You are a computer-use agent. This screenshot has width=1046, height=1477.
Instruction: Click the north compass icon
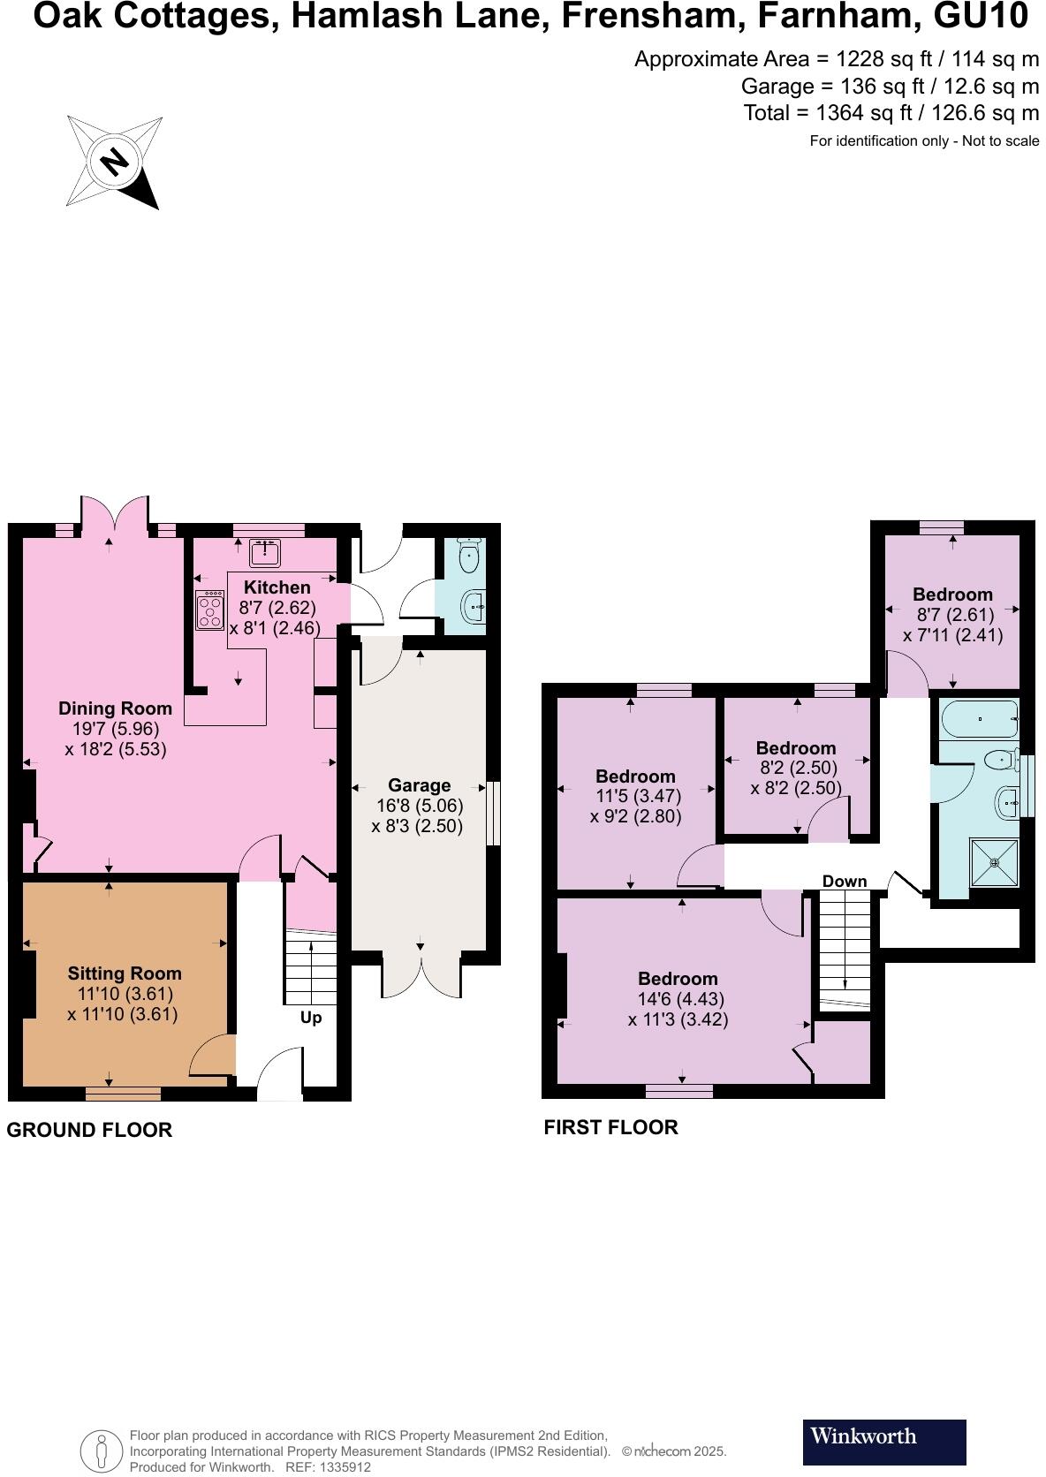coord(113,162)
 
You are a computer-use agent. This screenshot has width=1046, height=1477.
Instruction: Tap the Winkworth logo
coord(883,1442)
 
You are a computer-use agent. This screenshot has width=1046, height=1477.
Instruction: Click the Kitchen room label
coord(277,587)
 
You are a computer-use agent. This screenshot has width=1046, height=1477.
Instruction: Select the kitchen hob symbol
coord(210,610)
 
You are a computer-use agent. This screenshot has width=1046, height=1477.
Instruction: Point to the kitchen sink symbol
coord(265,553)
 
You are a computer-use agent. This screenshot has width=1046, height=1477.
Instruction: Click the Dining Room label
coord(115,708)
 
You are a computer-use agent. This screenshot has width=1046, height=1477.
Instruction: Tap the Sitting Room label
coord(125,973)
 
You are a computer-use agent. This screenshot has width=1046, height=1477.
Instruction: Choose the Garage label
coord(419,785)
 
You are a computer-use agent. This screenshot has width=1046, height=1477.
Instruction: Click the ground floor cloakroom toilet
coord(469,557)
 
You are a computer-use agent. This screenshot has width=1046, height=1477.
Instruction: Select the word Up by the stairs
coord(311,1018)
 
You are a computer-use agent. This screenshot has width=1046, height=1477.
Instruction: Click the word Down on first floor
coord(844,882)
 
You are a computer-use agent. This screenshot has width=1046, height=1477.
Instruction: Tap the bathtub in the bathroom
coord(980,720)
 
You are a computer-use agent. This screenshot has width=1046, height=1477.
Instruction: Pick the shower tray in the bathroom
coord(995,862)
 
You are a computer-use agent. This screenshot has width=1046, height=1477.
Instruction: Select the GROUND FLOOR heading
coord(89,1130)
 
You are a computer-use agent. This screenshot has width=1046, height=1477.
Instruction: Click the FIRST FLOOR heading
coord(610,1127)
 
